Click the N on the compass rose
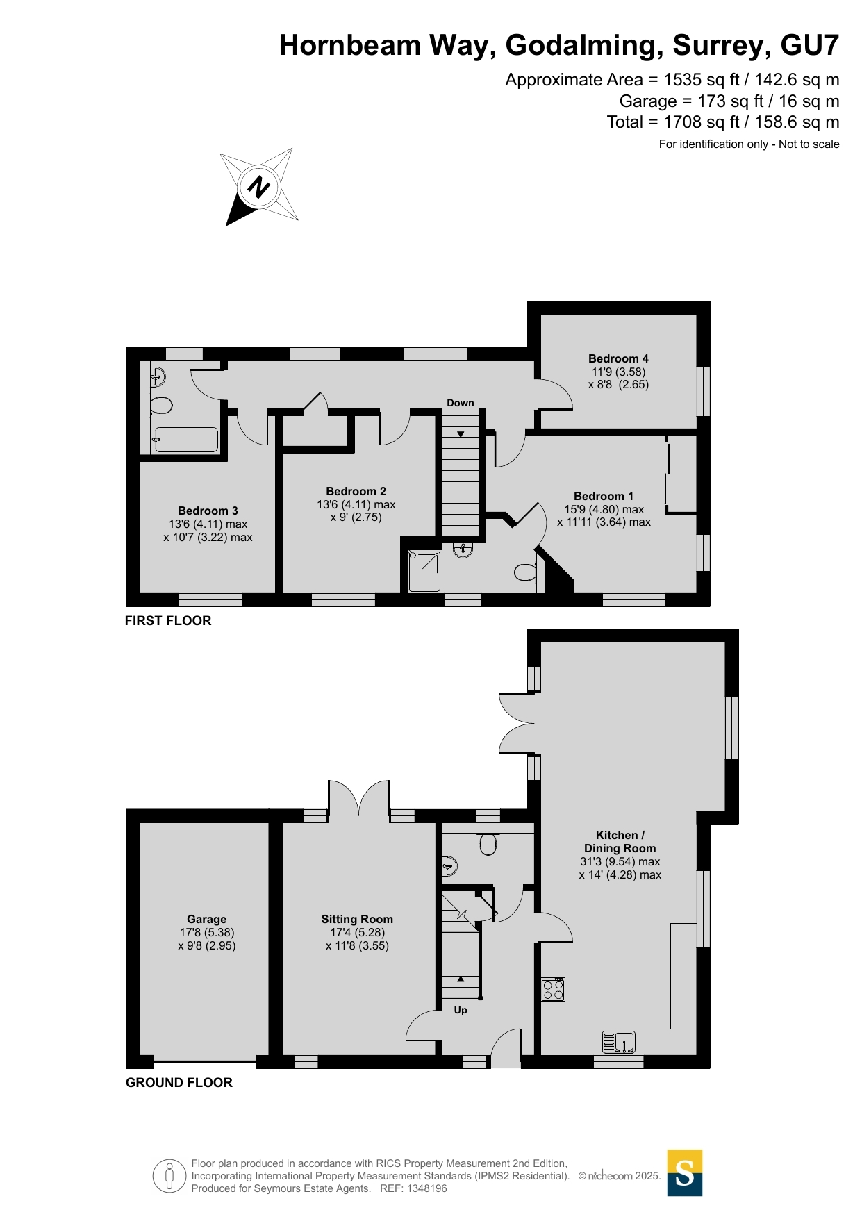[259, 187]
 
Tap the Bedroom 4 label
[618, 359]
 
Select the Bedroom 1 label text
[603, 497]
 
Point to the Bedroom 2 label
[356, 492]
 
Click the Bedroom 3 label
[208, 511]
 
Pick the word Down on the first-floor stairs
[460, 403]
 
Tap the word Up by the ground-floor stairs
[461, 1010]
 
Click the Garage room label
[206, 920]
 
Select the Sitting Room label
[357, 920]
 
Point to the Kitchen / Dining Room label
[620, 842]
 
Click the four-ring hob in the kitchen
[554, 989]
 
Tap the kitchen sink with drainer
[619, 1043]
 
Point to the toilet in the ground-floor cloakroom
[488, 844]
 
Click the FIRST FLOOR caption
[168, 621]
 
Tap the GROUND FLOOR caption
[179, 1083]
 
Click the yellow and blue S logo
[684, 1173]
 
